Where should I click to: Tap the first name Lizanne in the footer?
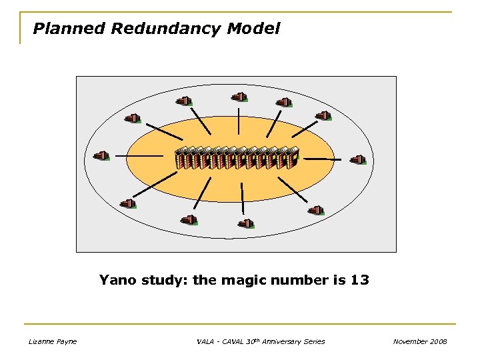pos(42,341)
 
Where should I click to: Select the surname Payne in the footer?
pos(67,341)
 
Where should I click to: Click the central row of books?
pos(236,157)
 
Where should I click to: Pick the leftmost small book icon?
pos(101,156)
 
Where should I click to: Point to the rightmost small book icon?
pos(358,160)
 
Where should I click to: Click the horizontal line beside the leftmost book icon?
pos(139,156)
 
